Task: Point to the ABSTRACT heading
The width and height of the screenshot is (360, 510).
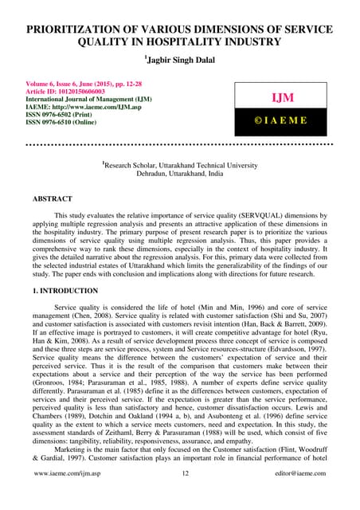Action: coord(50,198)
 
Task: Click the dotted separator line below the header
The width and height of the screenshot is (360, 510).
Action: coord(180,146)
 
